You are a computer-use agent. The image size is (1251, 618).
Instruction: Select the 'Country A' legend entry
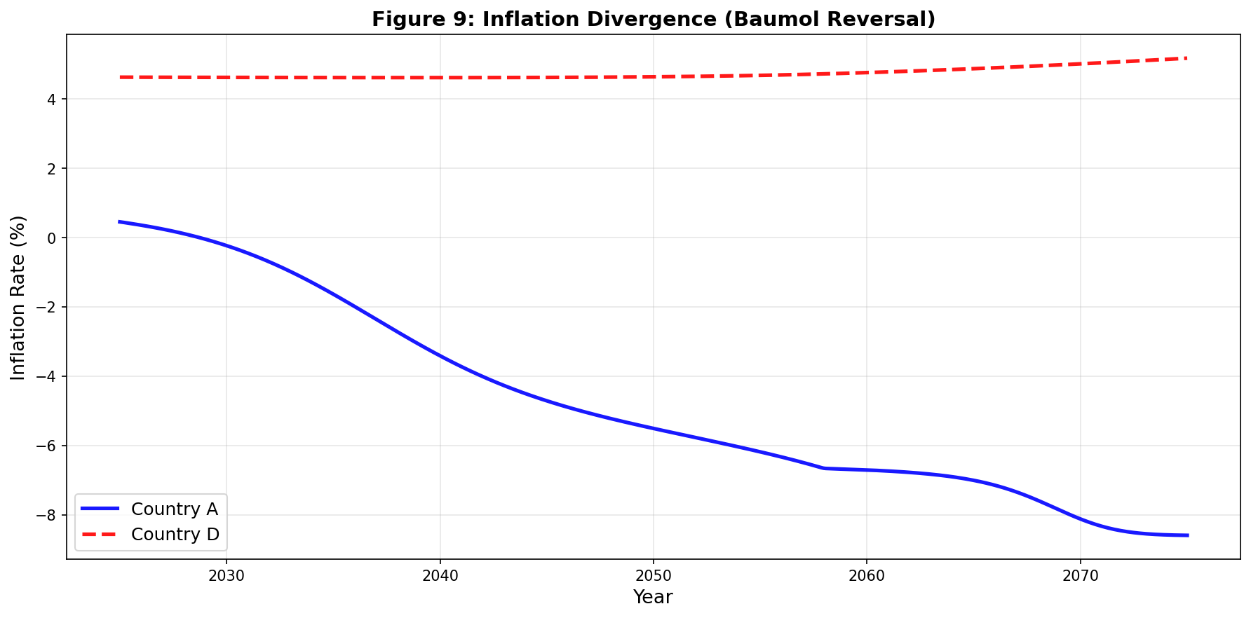150,509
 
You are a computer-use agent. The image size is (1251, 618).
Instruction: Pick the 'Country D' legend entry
150,534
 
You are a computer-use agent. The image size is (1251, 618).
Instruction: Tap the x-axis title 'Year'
653,597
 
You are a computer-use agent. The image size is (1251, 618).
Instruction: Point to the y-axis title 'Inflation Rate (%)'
18,298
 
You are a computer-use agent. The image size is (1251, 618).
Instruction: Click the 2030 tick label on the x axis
226,576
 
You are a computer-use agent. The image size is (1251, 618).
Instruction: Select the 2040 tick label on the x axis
440,576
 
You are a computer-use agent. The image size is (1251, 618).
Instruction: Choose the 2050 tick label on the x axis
653,576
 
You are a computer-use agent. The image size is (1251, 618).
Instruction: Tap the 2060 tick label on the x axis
866,576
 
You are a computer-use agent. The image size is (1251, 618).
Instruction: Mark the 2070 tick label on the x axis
1080,576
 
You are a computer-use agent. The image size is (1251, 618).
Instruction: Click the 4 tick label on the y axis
53,99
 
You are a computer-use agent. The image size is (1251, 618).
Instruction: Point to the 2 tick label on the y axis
53,169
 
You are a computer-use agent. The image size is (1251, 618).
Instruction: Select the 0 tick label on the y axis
53,238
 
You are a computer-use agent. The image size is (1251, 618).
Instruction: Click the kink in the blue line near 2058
824,468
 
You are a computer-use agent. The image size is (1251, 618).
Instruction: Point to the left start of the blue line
119,221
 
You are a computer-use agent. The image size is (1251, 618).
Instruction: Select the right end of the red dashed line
1186,58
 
